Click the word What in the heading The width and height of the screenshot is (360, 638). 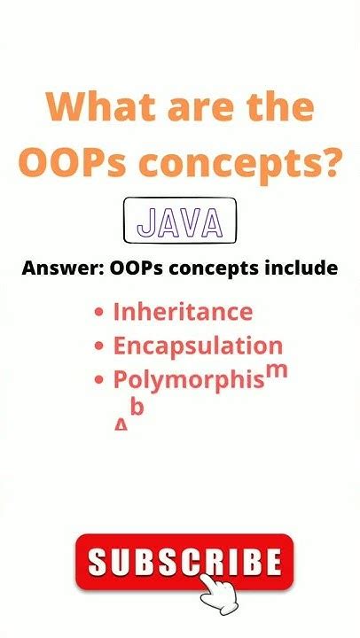pyautogui.click(x=96, y=108)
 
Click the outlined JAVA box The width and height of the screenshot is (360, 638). pyautogui.click(x=180, y=222)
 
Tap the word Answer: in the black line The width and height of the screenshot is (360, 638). pyautogui.click(x=63, y=268)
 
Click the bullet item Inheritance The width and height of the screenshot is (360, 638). pyautogui.click(x=183, y=312)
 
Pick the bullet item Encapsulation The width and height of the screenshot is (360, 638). pyautogui.click(x=198, y=346)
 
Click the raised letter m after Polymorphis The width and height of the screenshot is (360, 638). pyautogui.click(x=278, y=370)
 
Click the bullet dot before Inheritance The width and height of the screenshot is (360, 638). pyautogui.click(x=100, y=313)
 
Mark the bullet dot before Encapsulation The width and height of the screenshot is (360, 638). pyautogui.click(x=100, y=346)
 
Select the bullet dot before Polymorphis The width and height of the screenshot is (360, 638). pyautogui.click(x=100, y=380)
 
